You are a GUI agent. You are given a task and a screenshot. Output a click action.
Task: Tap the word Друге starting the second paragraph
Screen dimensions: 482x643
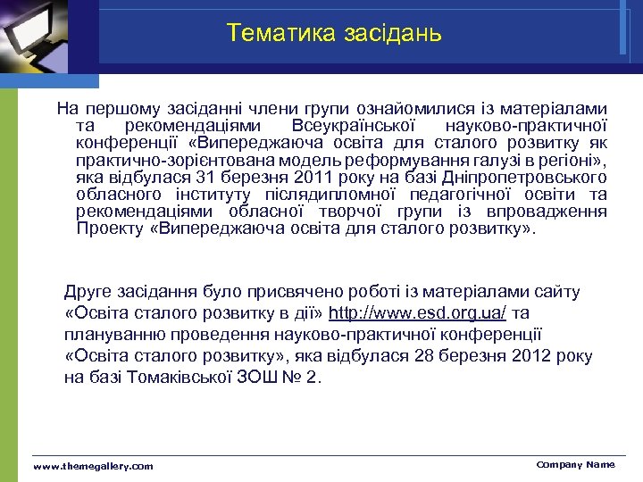pos(89,292)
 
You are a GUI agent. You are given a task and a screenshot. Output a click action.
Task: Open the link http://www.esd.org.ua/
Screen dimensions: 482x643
pos(418,313)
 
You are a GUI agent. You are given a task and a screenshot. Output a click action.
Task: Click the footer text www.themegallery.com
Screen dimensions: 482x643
pos(93,466)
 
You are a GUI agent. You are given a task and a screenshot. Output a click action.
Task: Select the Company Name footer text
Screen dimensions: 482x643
pos(575,464)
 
